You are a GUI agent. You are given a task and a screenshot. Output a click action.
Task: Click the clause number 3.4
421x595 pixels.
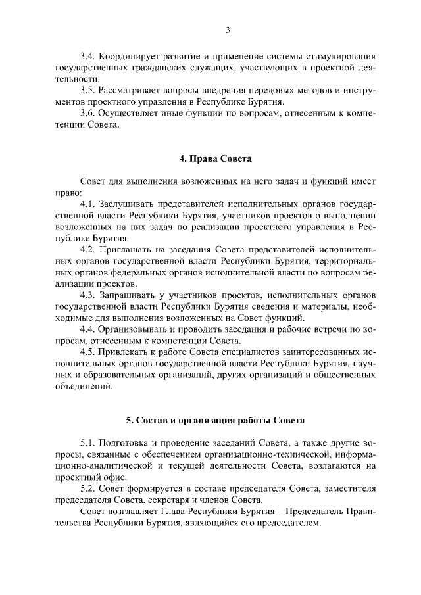pyautogui.click(x=87, y=55)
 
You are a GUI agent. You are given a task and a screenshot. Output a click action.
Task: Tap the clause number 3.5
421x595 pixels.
pyautogui.click(x=87, y=90)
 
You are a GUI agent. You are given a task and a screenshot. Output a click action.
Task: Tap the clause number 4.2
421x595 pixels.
pyautogui.click(x=87, y=250)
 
